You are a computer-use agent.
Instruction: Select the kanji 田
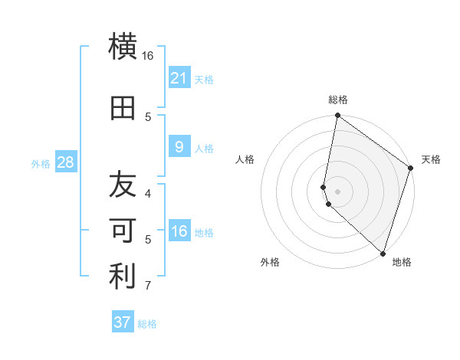point(123,109)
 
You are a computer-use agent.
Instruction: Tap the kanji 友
point(123,185)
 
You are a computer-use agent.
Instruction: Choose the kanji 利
point(123,277)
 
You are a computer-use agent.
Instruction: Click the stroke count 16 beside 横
point(148,56)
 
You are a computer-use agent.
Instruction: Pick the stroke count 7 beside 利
point(148,286)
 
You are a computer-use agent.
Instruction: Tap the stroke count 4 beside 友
point(148,193)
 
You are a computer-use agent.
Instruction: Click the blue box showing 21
point(179,78)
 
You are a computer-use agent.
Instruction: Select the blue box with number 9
point(179,147)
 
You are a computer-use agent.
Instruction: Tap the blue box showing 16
point(179,231)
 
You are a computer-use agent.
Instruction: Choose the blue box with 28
point(65,162)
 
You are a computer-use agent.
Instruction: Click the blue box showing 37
point(123,322)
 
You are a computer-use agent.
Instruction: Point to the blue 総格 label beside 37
point(147,324)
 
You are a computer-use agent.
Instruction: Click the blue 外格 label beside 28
point(41,163)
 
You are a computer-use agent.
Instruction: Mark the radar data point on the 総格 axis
point(337,116)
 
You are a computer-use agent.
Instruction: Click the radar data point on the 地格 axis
point(383,253)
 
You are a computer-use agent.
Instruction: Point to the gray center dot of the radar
point(337,191)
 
